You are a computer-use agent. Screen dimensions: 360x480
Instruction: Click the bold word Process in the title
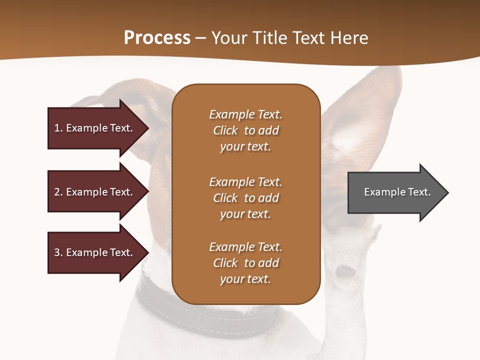click(x=157, y=38)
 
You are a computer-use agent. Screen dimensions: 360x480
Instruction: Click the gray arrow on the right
click(x=397, y=192)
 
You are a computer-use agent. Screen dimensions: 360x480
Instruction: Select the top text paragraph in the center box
click(x=245, y=130)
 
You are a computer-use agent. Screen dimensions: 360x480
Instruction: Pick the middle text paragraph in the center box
click(x=245, y=198)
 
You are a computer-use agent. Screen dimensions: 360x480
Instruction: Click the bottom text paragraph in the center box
click(x=245, y=263)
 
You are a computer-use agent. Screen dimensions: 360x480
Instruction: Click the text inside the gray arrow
click(x=397, y=192)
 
